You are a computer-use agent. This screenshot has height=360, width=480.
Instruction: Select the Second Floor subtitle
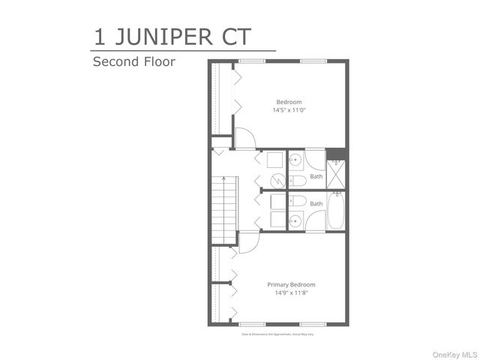[x=133, y=61]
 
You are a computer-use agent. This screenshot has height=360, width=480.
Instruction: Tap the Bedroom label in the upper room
[x=289, y=102]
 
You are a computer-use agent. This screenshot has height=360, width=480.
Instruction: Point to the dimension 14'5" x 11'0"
[x=289, y=110]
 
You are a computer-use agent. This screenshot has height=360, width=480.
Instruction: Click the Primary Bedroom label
[x=292, y=284]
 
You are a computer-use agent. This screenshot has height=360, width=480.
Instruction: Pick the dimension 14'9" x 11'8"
[x=292, y=292]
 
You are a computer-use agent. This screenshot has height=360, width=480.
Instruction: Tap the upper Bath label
[x=316, y=177]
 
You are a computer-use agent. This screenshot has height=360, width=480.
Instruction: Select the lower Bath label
[x=316, y=203]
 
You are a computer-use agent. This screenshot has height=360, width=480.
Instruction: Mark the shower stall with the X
[x=337, y=177]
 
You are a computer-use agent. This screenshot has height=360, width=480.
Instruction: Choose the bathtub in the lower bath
[x=337, y=212]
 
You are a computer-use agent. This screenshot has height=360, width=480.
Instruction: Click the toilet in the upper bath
[x=298, y=181]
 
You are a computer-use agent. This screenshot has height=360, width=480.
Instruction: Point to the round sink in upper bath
[x=296, y=160]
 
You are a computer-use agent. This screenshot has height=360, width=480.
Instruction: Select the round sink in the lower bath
[x=296, y=220]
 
